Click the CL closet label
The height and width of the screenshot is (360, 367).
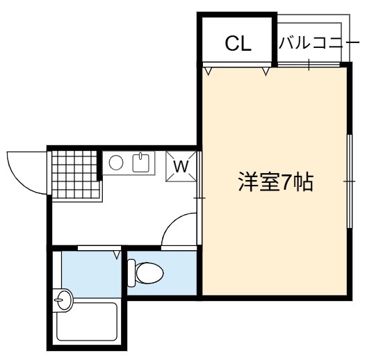[x=238, y=44]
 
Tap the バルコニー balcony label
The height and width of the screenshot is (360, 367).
[x=318, y=42]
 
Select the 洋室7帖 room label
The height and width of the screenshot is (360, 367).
[x=275, y=182]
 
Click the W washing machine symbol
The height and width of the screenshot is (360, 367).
[x=181, y=166]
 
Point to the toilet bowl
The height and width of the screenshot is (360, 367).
[x=149, y=273]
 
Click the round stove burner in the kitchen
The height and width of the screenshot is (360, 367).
[x=116, y=163]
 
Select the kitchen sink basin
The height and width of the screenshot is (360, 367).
[x=141, y=163]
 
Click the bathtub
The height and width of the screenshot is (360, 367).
[x=87, y=322]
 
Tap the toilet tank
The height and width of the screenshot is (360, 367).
[x=131, y=273]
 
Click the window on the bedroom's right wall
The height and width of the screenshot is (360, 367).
[x=349, y=181]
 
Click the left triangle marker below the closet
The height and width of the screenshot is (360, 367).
[x=208, y=72]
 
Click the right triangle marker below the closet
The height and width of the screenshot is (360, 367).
[x=266, y=72]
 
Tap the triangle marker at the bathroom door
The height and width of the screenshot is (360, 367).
[x=117, y=255]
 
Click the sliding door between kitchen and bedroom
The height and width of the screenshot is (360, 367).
[x=199, y=198]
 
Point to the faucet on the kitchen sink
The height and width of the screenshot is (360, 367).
[x=140, y=156]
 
